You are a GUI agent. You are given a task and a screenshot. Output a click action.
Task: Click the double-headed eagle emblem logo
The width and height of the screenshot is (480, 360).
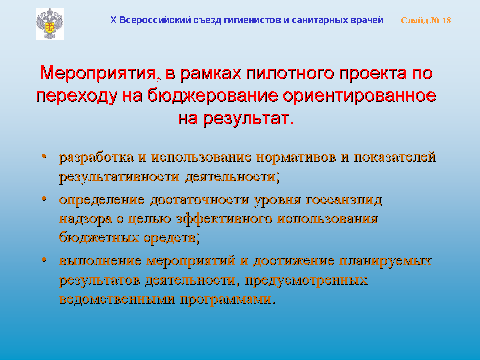pos(50,24)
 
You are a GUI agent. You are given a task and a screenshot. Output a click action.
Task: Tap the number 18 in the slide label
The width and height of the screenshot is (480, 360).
pos(446,20)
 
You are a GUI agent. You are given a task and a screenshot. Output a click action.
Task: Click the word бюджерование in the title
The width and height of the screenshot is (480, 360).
pos(213,96)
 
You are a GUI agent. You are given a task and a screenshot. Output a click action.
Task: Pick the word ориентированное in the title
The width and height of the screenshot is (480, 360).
pos(359,96)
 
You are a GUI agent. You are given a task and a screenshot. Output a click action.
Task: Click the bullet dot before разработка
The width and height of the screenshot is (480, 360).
pos(44,156)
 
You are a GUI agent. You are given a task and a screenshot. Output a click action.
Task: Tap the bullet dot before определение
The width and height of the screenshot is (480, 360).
pos(44,199)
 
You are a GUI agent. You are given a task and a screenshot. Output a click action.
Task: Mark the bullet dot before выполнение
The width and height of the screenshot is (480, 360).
pos(44,260)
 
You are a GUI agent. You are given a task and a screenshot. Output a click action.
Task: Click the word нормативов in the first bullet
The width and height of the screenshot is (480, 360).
pos(296,157)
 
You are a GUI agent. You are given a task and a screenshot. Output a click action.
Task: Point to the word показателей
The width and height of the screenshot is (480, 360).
pos(395,157)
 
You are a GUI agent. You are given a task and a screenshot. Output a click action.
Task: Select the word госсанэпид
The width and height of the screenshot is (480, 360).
pos(344,200)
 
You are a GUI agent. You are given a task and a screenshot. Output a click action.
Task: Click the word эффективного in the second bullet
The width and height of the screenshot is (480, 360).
pos(224,219)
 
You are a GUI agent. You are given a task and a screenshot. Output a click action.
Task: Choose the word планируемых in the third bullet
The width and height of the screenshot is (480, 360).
pos(385,261)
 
